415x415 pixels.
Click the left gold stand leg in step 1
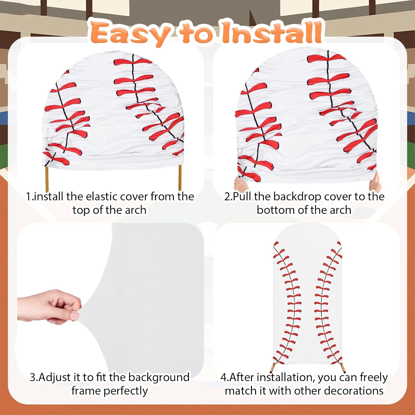click(x=47, y=177)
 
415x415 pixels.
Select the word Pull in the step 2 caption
click(x=242, y=197)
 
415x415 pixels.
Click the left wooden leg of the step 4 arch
click(x=273, y=367)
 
